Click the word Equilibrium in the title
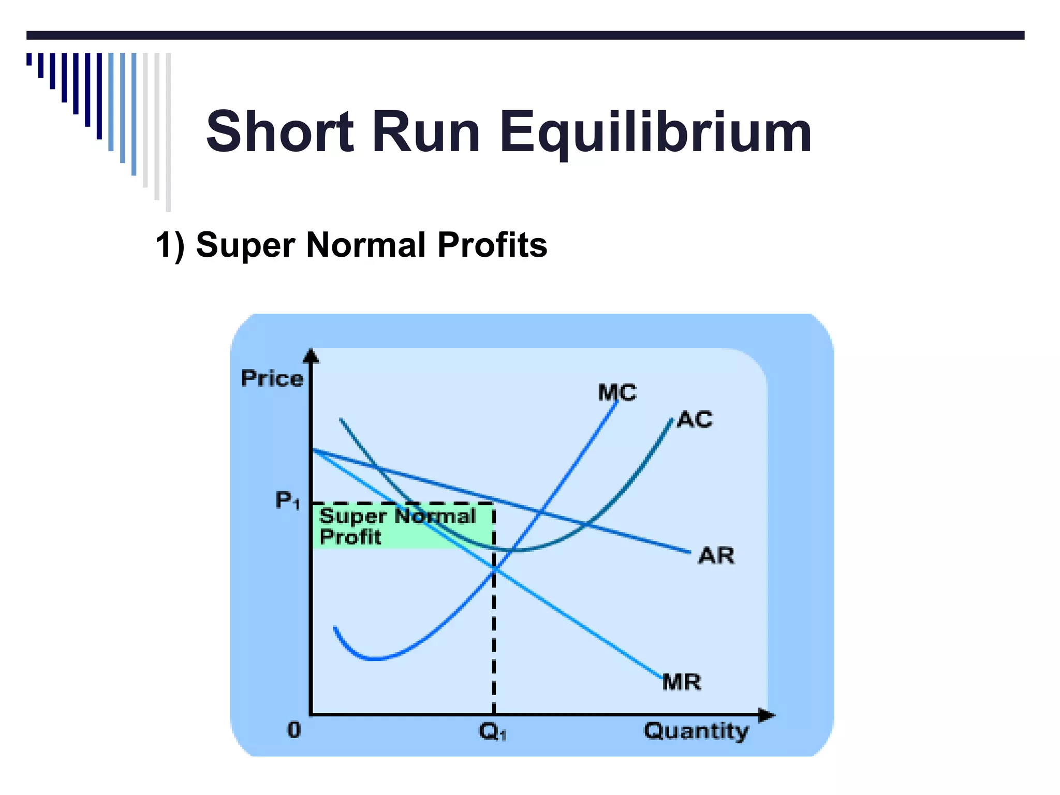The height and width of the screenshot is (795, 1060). pos(655,133)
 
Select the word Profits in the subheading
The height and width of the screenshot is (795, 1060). pos(492,245)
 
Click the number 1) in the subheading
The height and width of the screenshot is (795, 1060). pos(170,245)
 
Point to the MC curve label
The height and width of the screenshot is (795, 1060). pos(616,392)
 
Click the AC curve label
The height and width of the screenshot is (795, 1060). pos(695,419)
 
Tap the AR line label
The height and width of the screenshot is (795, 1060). pos(716,556)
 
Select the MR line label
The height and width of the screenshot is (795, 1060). pos(682,682)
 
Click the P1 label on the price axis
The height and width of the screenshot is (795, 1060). pos(287,500)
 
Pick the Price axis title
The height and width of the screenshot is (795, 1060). pos(272,379)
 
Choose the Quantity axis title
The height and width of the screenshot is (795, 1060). pos(696,731)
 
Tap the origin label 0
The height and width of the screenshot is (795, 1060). pos(294,730)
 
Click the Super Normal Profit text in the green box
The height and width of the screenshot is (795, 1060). pos(397,526)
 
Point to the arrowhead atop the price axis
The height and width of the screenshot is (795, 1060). pos(311,356)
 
